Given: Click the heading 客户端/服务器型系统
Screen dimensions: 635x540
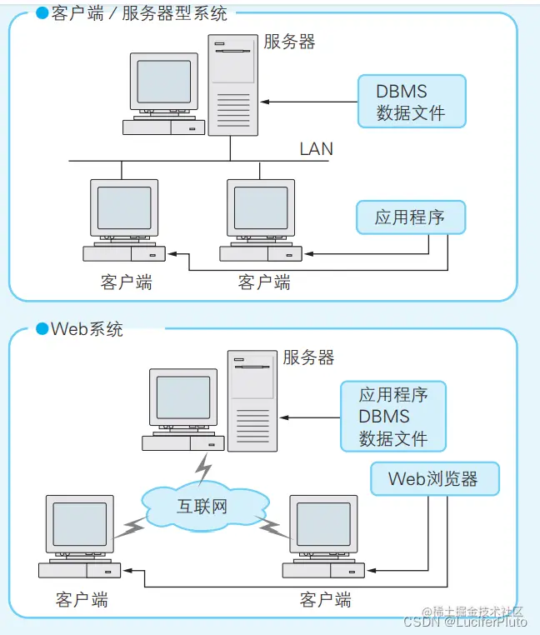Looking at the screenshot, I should tap(138, 14).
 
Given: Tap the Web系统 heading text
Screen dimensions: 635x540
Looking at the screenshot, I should tap(87, 328).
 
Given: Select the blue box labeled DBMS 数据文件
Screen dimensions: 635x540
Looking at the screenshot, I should tap(411, 102).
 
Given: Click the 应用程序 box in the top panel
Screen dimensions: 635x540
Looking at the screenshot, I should tap(409, 217).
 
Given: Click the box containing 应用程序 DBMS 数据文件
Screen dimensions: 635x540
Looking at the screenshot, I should tap(393, 417).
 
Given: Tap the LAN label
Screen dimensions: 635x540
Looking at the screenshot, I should tap(316, 149).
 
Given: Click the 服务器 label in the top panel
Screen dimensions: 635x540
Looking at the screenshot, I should tap(289, 42).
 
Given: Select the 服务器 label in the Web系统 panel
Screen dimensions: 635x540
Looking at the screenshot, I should tap(308, 357).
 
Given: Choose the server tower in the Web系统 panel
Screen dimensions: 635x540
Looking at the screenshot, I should tap(252, 400).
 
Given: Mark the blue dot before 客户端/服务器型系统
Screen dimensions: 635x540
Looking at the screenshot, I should tap(42, 14).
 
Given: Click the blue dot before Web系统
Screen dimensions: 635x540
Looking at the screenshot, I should tap(42, 328).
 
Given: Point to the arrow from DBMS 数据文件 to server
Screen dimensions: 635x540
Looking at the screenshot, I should tap(308, 102).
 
